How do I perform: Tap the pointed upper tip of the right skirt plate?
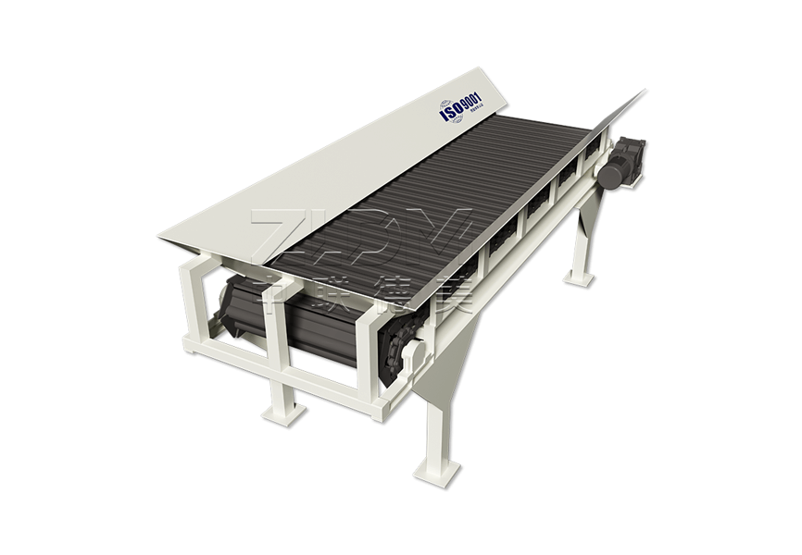(642, 92)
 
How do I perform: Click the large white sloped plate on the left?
(306, 176)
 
